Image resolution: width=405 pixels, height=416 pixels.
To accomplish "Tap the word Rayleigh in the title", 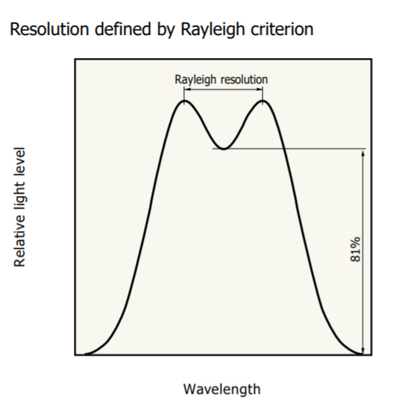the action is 213,30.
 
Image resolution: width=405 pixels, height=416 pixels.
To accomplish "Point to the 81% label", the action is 356,249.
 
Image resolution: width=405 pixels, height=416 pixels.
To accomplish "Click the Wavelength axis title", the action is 222,389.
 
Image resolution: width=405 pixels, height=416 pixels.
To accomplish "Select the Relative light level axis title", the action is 19,207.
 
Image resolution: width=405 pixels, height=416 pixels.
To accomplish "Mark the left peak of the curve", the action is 184,101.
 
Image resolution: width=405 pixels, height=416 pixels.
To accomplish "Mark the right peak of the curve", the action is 263,101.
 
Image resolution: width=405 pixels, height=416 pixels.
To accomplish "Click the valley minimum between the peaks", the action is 224,149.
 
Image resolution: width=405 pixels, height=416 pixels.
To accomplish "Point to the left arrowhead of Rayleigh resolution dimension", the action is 186,89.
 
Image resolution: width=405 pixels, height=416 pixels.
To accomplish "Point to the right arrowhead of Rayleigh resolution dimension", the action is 260,89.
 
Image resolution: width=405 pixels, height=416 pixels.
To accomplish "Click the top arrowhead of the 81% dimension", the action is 363,152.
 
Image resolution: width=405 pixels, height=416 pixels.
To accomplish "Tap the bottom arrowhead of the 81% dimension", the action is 363,351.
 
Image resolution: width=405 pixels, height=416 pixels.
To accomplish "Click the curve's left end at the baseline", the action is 85,354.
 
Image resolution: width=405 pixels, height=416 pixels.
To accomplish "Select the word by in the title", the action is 166,30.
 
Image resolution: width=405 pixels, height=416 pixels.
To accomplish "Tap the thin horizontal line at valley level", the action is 289,149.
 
